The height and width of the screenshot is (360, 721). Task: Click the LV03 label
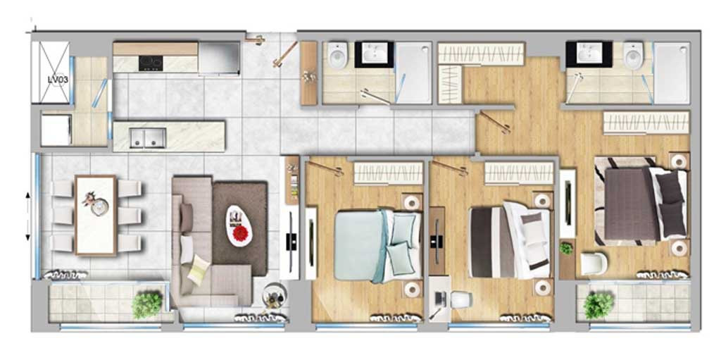58,79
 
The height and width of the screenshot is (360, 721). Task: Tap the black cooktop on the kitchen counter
151,63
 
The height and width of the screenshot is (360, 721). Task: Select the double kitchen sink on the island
148,138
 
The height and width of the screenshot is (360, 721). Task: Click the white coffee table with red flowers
239,225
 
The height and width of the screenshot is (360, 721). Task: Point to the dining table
96,215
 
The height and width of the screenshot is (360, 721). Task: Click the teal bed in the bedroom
377,245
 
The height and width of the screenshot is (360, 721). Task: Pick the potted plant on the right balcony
598,305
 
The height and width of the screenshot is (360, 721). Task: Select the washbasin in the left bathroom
375,54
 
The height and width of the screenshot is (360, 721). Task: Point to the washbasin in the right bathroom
589,53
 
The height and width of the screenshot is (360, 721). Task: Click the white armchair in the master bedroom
594,263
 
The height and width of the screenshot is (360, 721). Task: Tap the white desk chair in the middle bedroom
461,300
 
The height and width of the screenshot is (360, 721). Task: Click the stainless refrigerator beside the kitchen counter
220,58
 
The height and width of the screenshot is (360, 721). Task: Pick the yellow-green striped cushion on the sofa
199,269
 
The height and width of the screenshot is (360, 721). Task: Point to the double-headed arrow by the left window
27,216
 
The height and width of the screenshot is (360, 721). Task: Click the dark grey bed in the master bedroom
641,203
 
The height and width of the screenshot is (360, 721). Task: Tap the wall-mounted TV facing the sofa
291,242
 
